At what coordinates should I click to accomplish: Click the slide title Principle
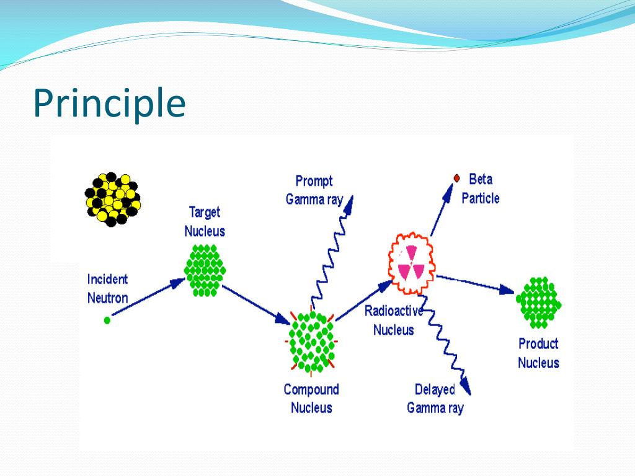click(109, 104)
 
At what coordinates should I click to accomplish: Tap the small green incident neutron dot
click(107, 320)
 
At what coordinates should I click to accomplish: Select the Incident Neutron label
click(107, 289)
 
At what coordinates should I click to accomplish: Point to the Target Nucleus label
click(205, 222)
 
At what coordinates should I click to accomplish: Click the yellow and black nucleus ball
click(112, 199)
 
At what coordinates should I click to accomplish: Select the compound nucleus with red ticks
click(311, 342)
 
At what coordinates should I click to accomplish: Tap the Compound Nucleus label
click(311, 399)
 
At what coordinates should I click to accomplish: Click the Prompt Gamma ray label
click(314, 190)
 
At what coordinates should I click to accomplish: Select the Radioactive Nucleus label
click(393, 320)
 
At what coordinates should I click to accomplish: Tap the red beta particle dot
click(456, 178)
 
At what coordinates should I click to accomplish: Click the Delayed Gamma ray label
click(435, 399)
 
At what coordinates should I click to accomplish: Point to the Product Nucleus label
click(538, 353)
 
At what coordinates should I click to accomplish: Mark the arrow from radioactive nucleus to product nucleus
click(475, 283)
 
